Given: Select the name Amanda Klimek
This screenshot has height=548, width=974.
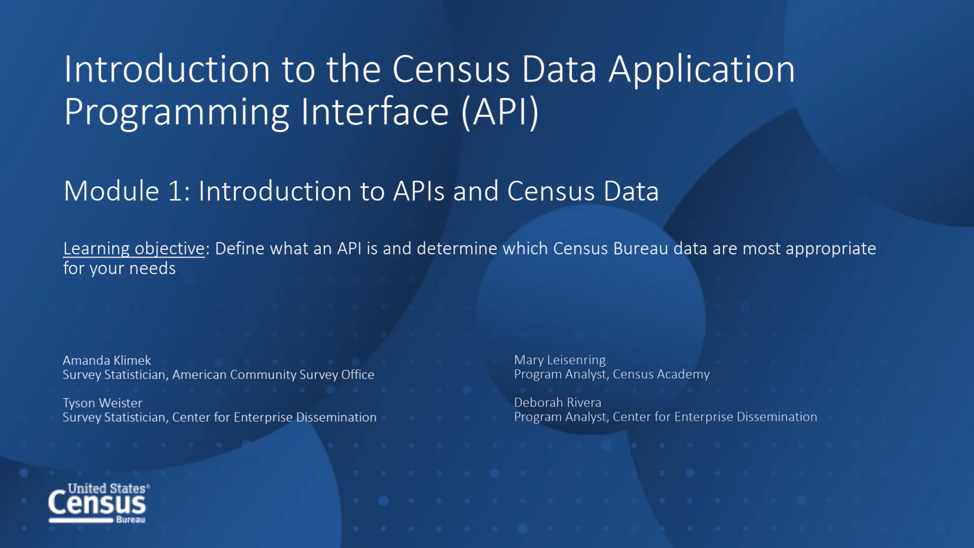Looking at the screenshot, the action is [107, 360].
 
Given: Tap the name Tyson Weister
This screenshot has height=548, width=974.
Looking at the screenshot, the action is [102, 403].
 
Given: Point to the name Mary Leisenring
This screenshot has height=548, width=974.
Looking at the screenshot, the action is [560, 360].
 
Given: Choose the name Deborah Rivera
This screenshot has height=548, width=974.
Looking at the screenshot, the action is [558, 402].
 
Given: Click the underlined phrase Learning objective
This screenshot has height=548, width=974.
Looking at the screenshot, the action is [134, 249].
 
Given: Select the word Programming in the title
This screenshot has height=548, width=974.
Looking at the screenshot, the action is [177, 113].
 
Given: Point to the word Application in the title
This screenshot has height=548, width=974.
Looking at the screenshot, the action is [702, 70].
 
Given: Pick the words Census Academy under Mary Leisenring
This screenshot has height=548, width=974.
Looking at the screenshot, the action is [661, 374].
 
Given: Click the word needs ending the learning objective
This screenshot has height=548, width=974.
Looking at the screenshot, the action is [152, 268].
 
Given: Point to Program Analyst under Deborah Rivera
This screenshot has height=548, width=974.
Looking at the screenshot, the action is [561, 417].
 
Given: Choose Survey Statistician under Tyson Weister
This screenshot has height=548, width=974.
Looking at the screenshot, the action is [114, 417].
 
